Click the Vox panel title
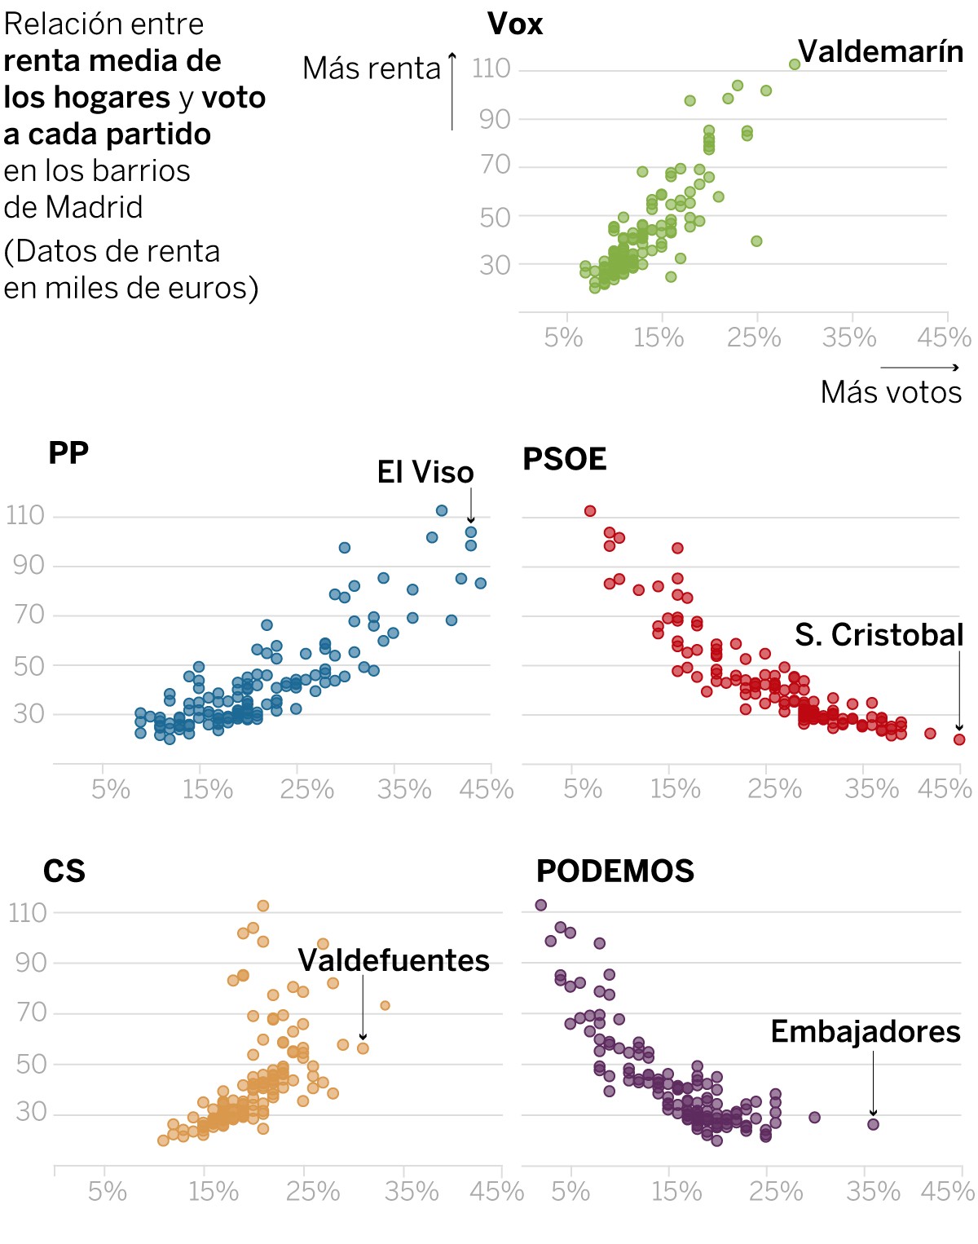pos(515,24)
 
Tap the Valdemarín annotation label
pos(880,51)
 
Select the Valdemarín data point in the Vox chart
pos(795,64)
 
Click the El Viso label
pos(425,473)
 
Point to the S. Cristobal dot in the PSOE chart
pos(959,739)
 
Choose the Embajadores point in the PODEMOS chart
pos(873,1124)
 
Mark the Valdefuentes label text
pos(394,960)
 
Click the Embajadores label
pos(866,1032)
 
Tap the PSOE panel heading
pos(565,460)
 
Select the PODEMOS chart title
pos(615,871)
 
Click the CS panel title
pos(64,871)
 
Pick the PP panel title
pos(68,453)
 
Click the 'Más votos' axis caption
pos(891,393)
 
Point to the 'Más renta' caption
pos(372,68)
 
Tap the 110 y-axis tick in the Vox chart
pos(491,68)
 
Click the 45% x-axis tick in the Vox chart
pos(944,337)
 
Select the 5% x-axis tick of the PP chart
pos(111,789)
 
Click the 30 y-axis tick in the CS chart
pos(32,1112)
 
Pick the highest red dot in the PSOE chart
pos(590,511)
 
